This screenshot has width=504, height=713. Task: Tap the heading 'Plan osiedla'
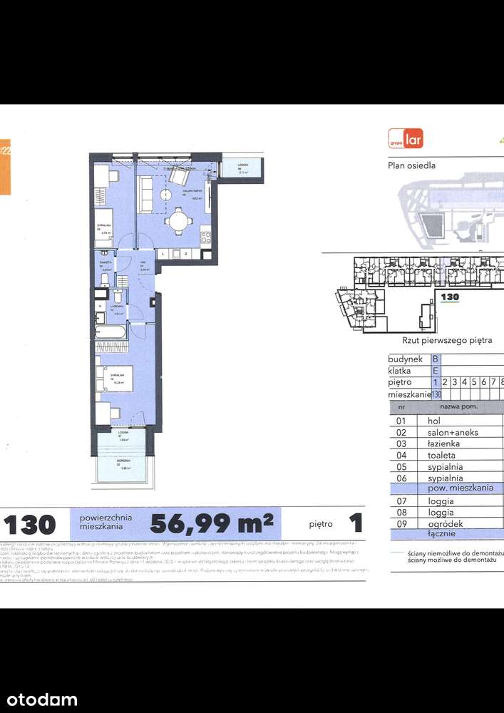[411, 165]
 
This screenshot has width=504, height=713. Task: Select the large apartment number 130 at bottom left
[30, 525]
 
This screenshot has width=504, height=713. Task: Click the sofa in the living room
[145, 195]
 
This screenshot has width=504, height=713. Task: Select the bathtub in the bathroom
[110, 332]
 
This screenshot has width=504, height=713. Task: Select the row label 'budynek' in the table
[406, 359]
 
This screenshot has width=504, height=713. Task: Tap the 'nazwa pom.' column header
[458, 406]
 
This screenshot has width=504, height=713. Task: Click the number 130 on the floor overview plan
[449, 297]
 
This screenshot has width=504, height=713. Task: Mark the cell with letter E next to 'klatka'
[436, 371]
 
